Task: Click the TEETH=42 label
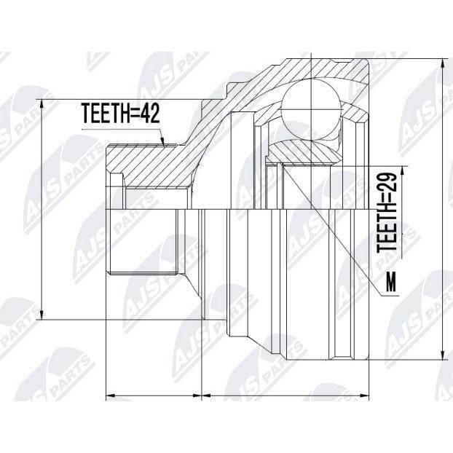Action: coord(121,113)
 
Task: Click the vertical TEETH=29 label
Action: coord(387,213)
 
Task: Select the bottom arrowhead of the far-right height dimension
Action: coord(442,354)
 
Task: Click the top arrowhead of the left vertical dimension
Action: coord(42,105)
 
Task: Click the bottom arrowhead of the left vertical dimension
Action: coord(42,314)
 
